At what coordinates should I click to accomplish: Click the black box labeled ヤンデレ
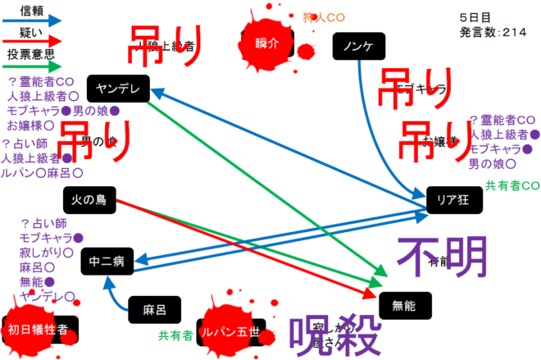click(118, 89)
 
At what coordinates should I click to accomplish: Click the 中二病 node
click(107, 262)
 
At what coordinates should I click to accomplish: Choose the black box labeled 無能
click(405, 306)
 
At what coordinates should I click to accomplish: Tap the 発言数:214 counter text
click(493, 31)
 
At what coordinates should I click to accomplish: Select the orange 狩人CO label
click(324, 16)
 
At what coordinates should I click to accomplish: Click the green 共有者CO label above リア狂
click(511, 185)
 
